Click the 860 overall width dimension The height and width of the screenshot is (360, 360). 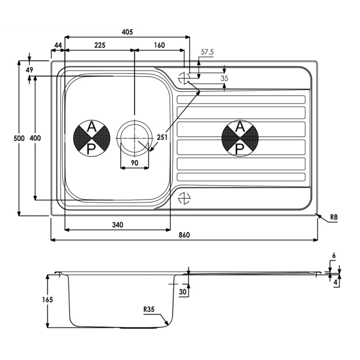(184, 235)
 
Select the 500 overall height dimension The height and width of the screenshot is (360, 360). (19, 138)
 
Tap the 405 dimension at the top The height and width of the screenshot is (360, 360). (127, 32)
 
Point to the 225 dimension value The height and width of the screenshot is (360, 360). (100, 45)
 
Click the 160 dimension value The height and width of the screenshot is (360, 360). (159, 45)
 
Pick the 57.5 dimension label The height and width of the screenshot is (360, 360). (207, 52)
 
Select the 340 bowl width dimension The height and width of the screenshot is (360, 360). (117, 225)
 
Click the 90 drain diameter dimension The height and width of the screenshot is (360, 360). (135, 163)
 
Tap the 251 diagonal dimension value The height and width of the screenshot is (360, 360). (162, 137)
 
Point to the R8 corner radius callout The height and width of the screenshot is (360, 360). (333, 217)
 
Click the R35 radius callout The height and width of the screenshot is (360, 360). (149, 310)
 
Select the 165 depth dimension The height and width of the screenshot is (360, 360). (48, 300)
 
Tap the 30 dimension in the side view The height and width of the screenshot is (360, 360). (183, 292)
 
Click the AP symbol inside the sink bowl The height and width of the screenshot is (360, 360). (92, 138)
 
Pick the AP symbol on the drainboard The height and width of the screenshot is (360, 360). (240, 138)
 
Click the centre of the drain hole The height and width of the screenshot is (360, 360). (135, 138)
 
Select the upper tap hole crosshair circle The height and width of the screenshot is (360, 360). (184, 78)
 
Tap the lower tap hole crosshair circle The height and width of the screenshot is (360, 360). (184, 198)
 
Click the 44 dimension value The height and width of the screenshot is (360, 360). (58, 45)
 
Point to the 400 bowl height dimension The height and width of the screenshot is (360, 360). (35, 138)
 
